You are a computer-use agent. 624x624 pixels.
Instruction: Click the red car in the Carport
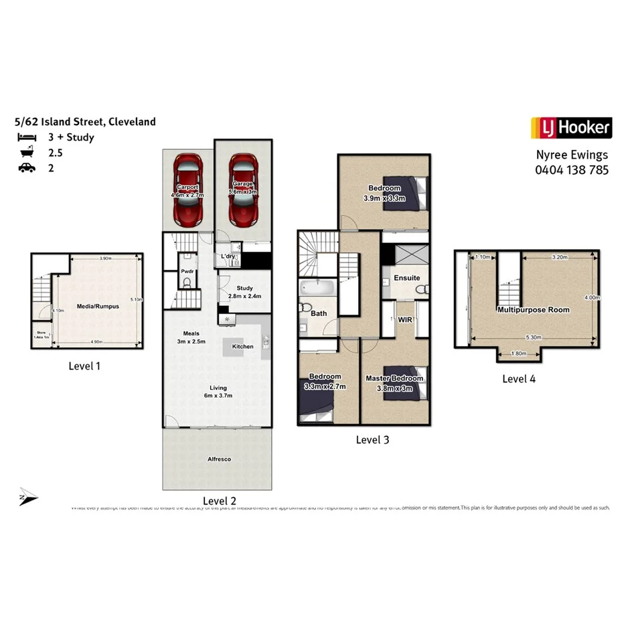click(x=188, y=190)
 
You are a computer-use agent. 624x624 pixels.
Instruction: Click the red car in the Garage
click(x=242, y=190)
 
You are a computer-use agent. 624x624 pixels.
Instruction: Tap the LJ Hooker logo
click(x=571, y=127)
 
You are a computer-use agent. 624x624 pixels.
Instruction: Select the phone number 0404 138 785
click(x=571, y=170)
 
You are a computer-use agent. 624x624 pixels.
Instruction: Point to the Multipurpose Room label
click(x=533, y=310)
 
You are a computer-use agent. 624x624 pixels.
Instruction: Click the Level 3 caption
click(x=372, y=440)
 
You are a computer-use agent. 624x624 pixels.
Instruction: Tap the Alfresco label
click(x=218, y=459)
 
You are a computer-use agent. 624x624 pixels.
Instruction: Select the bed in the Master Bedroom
click(x=406, y=388)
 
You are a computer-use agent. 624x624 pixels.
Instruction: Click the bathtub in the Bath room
click(x=317, y=289)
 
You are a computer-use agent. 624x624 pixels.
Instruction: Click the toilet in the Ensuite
click(x=421, y=289)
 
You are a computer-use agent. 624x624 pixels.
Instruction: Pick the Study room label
click(x=244, y=289)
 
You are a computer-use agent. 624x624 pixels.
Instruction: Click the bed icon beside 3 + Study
click(x=27, y=138)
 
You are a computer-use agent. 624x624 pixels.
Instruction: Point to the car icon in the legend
click(x=27, y=167)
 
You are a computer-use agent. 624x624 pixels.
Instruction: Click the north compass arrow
click(x=28, y=495)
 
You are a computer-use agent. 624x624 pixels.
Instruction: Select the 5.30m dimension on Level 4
click(x=534, y=337)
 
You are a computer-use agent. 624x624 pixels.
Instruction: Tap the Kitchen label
click(x=242, y=347)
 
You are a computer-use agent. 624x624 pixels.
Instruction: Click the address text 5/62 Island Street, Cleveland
click(x=85, y=122)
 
